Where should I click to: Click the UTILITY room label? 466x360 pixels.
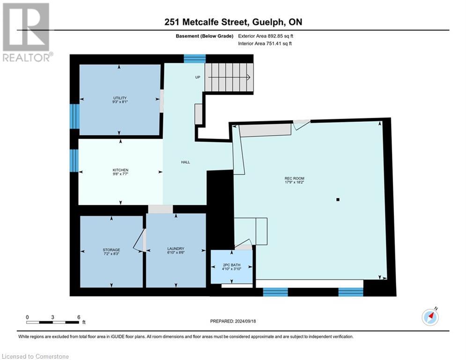coord(120,98)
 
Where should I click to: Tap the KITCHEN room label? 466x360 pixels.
coord(120,170)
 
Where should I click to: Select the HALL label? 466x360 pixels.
coord(185,162)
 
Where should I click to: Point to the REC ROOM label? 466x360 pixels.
coord(294,178)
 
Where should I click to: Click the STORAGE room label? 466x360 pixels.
coord(111,250)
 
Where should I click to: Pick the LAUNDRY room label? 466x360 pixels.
coord(176,248)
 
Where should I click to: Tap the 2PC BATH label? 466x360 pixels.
coord(231,265)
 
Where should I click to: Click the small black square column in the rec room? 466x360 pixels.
coord(338,200)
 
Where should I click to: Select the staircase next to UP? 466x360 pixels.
coord(229,77)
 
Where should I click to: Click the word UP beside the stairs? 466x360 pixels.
coord(198,77)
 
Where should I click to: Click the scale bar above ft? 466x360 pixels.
coord(52,322)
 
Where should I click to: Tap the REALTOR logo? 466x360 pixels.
coord(27,32)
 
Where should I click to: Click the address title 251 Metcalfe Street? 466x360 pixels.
coord(206,22)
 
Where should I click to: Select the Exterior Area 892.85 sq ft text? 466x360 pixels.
coord(266,36)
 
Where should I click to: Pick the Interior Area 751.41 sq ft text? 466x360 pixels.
coord(265,44)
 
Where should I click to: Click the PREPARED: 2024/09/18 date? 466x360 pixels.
coord(233,321)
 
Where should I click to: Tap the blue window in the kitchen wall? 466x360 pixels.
coord(74,161)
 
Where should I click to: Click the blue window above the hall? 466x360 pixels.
coord(195,59)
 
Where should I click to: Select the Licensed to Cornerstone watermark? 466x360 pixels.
coord(36,356)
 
